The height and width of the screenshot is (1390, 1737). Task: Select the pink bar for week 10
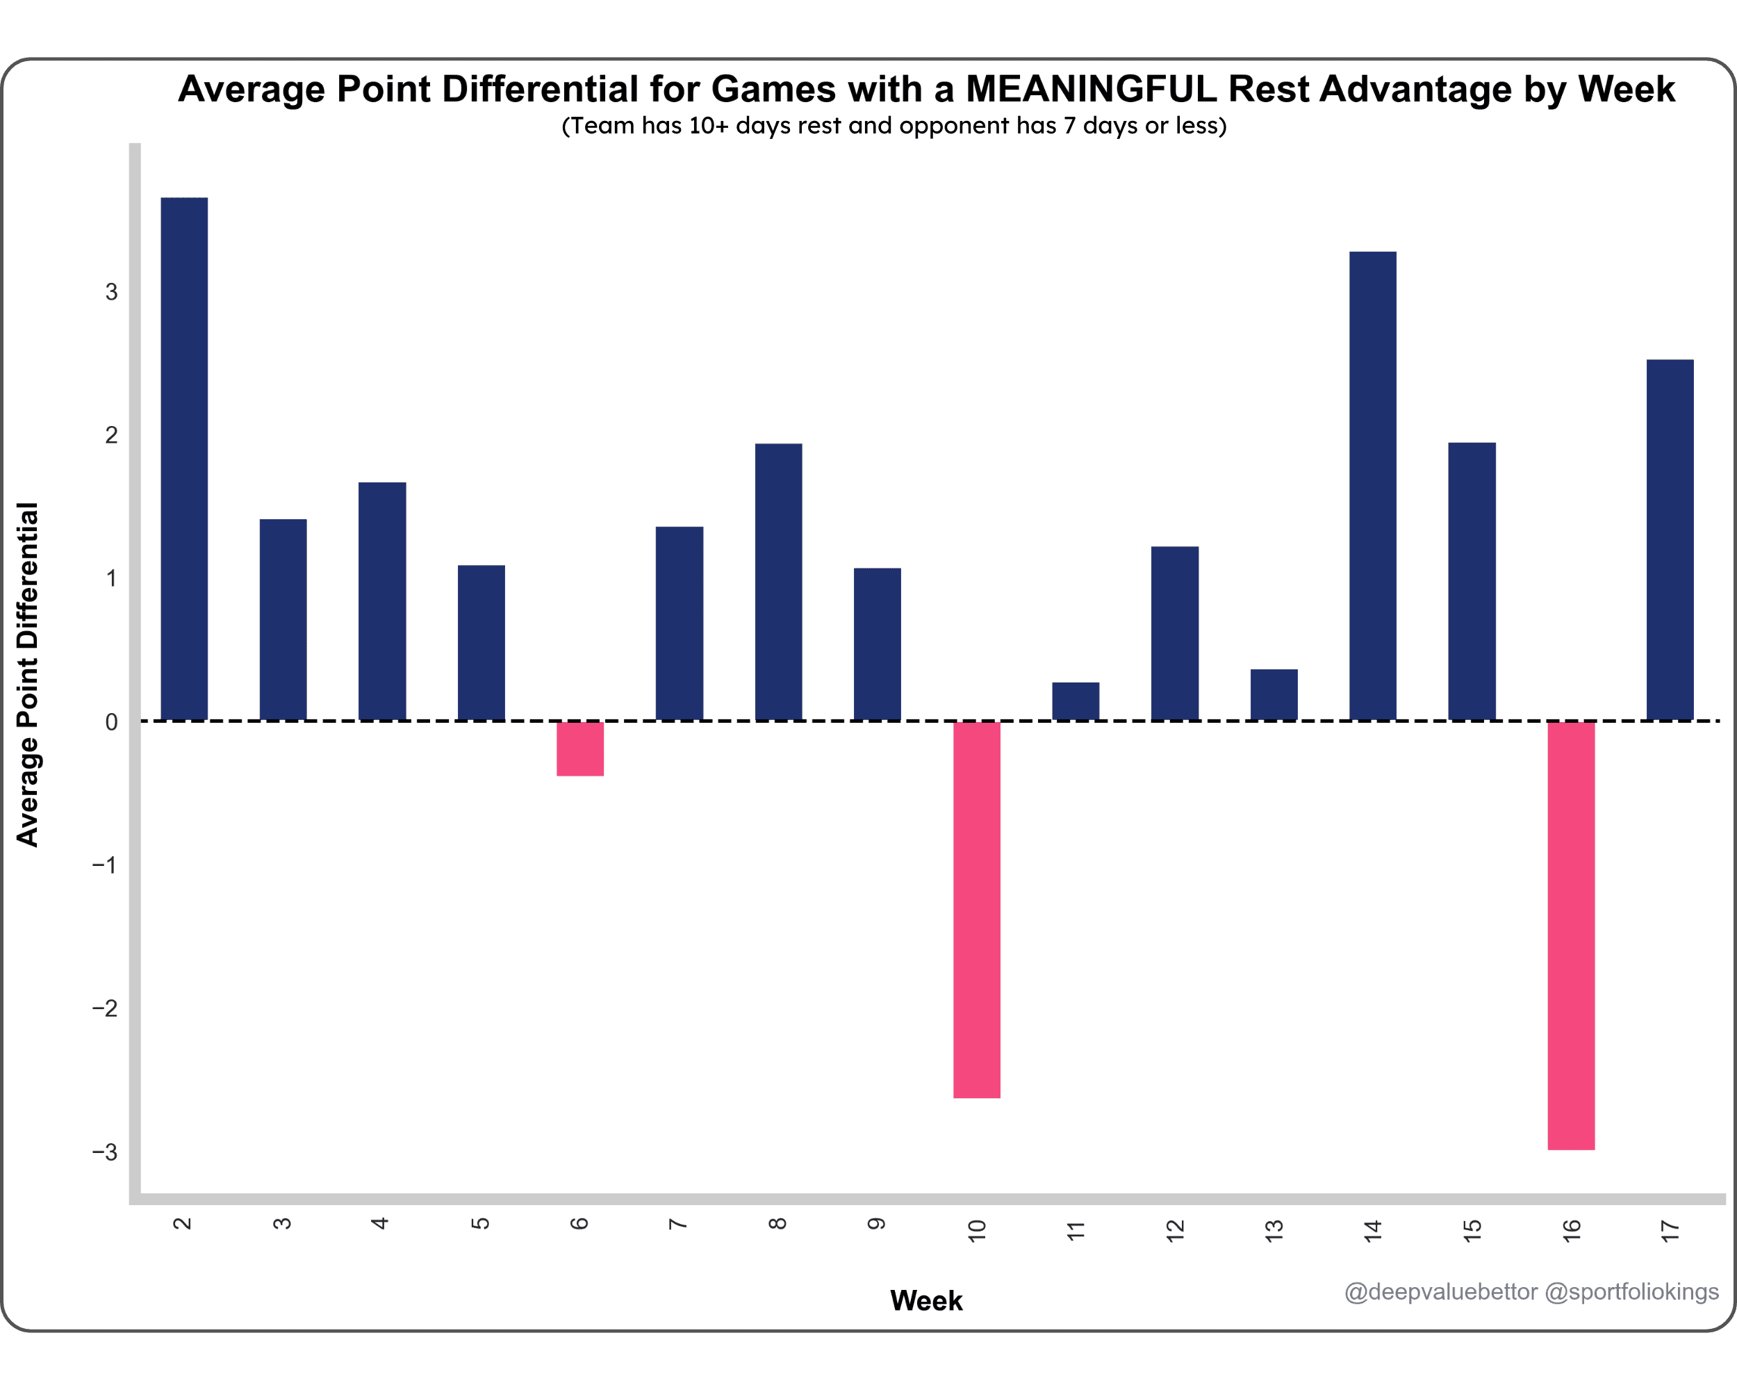[976, 909]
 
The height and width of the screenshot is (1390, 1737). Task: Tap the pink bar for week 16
[1571, 935]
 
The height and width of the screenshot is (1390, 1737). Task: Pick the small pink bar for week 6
[580, 749]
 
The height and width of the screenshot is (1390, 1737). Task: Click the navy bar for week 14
[1373, 486]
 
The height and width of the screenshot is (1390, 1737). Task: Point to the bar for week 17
[1670, 540]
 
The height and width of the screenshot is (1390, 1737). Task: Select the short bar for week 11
[1076, 701]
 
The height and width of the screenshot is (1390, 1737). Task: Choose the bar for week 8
[778, 582]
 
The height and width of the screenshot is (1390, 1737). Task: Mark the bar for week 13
[1274, 694]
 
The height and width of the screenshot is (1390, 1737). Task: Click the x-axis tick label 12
[1176, 1229]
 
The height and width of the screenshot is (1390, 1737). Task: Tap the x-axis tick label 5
[480, 1223]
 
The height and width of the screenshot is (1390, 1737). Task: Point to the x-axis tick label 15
[1472, 1229]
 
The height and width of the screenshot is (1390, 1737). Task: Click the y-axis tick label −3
[105, 1152]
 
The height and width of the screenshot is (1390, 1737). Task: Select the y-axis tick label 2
[111, 435]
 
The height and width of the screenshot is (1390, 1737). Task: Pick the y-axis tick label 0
[111, 722]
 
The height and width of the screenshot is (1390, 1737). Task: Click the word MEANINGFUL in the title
[1091, 89]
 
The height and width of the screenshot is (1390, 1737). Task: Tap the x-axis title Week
[925, 1300]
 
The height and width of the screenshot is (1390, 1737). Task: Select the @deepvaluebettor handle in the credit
[1440, 1292]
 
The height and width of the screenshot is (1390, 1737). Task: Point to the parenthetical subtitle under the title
[894, 126]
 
